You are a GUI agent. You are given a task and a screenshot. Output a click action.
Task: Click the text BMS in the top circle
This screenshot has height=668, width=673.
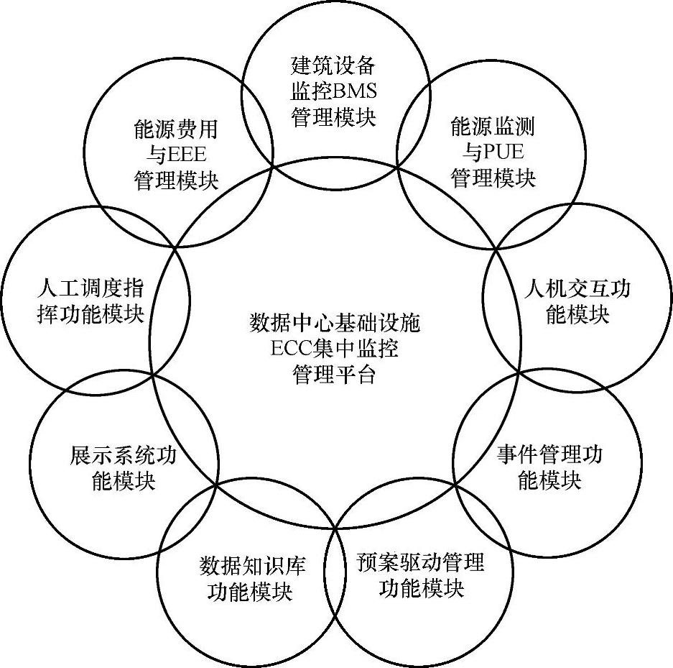tap(355, 91)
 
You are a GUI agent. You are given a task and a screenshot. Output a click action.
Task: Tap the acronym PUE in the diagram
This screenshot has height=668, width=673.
tap(503, 152)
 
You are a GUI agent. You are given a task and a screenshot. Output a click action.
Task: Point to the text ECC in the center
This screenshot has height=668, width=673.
tap(289, 349)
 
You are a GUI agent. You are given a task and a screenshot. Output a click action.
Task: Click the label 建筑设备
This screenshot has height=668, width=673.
tap(334, 66)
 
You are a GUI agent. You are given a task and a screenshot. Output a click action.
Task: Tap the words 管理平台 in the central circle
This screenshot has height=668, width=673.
tap(334, 375)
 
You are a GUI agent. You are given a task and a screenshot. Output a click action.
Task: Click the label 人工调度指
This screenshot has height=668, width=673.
tap(90, 289)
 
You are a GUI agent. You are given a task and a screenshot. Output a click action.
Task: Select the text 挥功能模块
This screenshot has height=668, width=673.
tap(90, 314)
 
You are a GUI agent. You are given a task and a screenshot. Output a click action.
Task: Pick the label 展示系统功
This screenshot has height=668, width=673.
tap(124, 454)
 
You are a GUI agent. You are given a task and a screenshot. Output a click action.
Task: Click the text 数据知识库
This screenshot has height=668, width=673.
tap(252, 566)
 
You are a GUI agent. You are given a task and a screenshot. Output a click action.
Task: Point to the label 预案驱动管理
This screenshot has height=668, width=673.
tap(421, 562)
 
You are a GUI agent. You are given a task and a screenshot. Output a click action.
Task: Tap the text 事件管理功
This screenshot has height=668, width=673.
tap(550, 454)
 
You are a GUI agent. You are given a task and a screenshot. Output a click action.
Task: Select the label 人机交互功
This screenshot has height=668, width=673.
tap(578, 289)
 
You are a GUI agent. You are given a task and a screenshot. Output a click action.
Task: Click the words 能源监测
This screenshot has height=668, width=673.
tap(493, 127)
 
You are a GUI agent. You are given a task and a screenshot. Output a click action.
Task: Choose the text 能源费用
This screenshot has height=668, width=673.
tap(176, 129)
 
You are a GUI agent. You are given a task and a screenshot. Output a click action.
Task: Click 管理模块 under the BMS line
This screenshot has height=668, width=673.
tap(334, 116)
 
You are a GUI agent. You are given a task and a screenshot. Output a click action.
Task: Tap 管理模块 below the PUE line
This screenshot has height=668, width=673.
tap(493, 178)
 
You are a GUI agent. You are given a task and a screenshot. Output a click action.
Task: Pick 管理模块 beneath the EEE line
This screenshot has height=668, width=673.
tap(176, 180)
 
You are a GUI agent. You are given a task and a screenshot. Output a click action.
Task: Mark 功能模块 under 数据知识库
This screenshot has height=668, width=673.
tap(250, 592)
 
